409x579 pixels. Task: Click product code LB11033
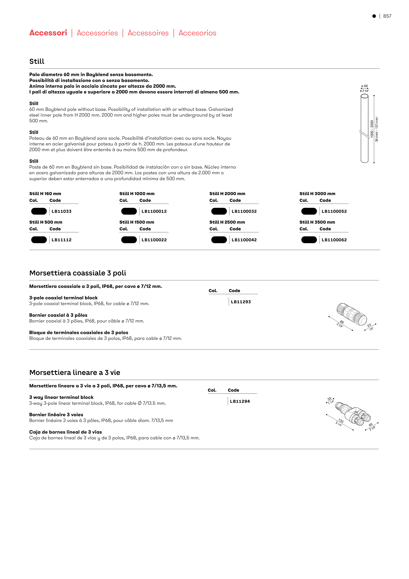(61, 211)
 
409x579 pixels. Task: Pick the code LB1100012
(154, 211)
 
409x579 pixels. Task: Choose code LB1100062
(334, 240)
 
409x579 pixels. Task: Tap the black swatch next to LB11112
(39, 240)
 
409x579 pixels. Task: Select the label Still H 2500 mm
(227, 222)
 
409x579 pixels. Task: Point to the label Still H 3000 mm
(317, 194)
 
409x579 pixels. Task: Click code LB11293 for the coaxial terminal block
(241, 302)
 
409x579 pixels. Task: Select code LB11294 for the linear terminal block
(240, 401)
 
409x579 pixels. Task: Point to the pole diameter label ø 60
(364, 86)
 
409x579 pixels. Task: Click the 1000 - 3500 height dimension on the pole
(372, 129)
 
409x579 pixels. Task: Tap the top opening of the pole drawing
(364, 96)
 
